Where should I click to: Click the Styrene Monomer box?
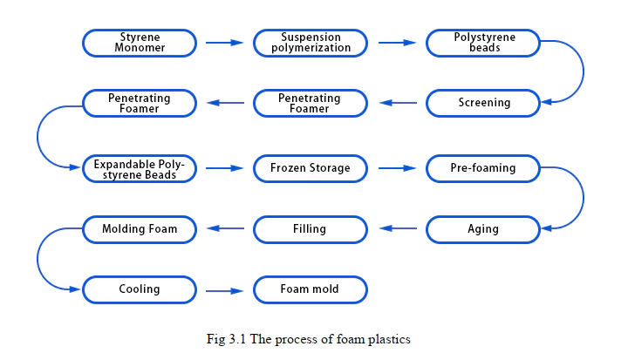139,42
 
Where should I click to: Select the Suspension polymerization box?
310,42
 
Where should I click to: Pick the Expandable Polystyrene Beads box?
139,168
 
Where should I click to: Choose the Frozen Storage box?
310,167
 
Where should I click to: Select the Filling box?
310,229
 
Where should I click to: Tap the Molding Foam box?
139,229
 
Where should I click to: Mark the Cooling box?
139,289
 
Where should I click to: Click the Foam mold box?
310,289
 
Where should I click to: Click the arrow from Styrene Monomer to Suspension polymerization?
224,42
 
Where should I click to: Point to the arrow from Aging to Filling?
399,229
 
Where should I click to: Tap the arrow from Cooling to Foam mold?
224,289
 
